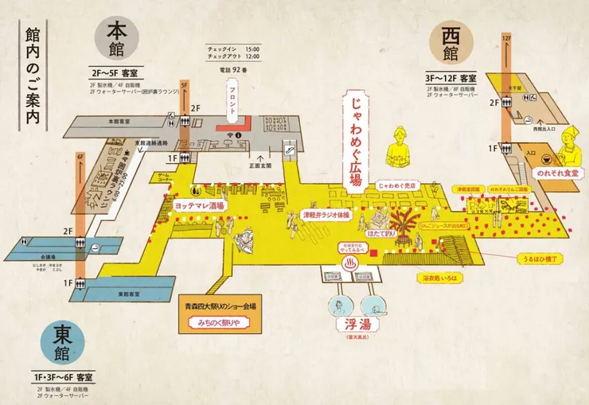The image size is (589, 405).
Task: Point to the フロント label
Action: point(232,104)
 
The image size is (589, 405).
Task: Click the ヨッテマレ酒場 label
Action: point(200,204)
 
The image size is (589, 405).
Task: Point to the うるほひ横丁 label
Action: point(539,258)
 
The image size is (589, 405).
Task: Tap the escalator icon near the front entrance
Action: point(290,147)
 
